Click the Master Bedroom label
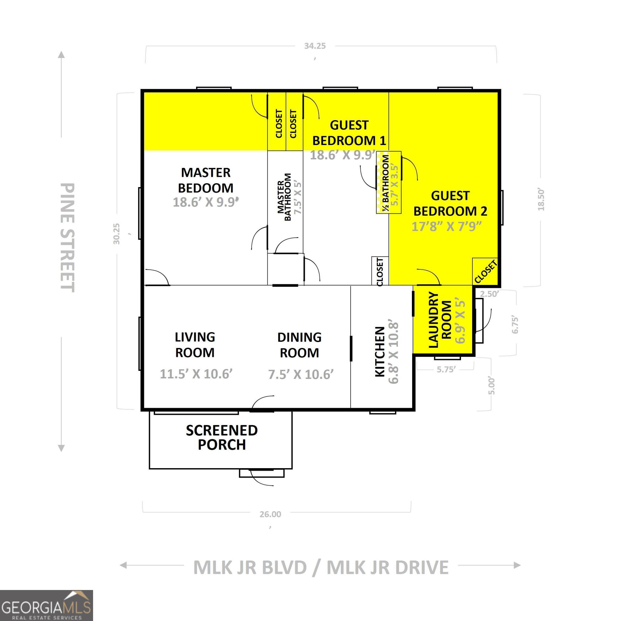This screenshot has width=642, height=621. click(206, 180)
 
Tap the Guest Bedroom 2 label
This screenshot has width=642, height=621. click(450, 203)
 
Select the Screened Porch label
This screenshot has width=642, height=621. click(222, 437)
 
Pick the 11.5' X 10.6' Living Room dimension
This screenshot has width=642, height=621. click(196, 374)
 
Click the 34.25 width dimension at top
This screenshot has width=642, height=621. click(315, 46)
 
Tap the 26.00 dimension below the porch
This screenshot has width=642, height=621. click(270, 514)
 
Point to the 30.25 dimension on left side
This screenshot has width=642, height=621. click(117, 234)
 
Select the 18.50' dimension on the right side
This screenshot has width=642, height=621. click(541, 199)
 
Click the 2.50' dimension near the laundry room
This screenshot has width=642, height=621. click(489, 294)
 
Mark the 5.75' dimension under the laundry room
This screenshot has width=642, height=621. click(446, 369)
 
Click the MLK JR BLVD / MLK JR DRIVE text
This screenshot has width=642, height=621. click(321, 567)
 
